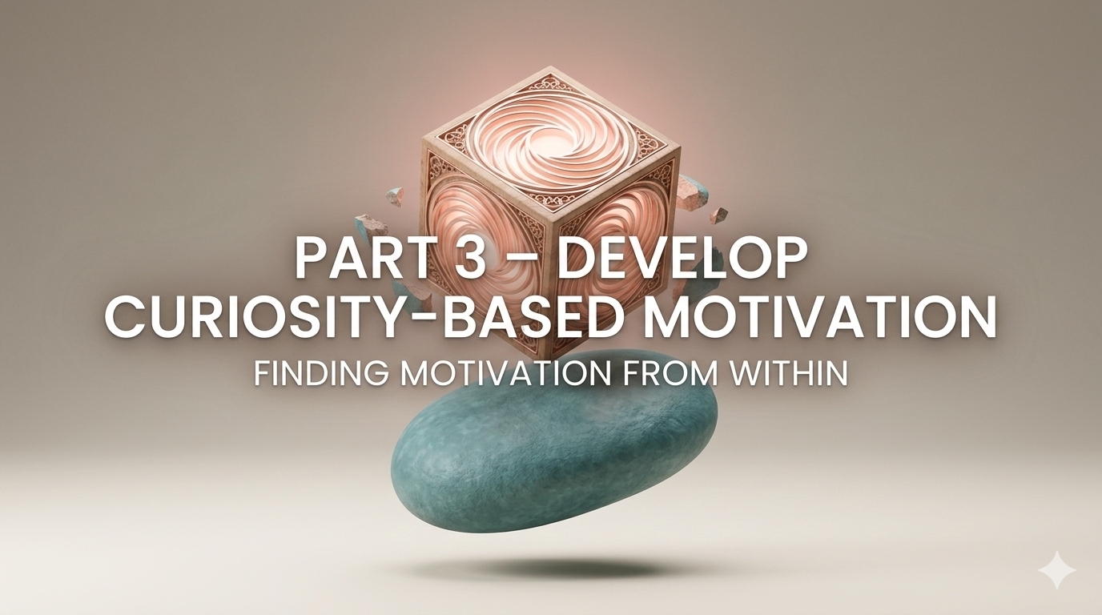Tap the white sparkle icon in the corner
(1056, 570)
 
